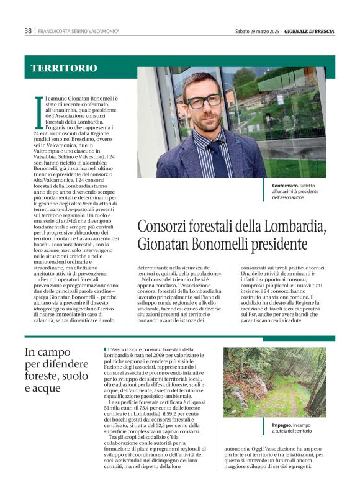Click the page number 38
(x=28, y=30)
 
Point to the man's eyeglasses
(x=204, y=101)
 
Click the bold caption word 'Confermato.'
(x=285, y=186)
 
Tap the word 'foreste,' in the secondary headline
(x=45, y=376)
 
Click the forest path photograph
(x=274, y=381)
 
